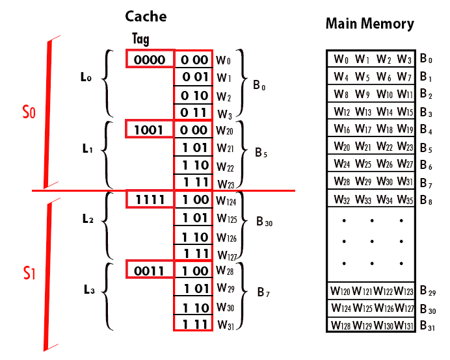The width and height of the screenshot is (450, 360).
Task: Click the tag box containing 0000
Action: [x=150, y=60]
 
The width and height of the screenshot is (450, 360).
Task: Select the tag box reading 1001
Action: [x=149, y=129]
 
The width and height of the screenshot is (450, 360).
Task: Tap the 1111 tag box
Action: [x=150, y=199]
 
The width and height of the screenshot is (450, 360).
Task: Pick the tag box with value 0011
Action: [x=150, y=269]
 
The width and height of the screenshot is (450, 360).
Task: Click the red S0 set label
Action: [x=29, y=112]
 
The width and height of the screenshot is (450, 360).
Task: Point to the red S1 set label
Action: [x=28, y=272]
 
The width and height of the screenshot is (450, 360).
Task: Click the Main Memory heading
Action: [x=369, y=24]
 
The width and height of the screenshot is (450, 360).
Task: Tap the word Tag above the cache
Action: [x=141, y=39]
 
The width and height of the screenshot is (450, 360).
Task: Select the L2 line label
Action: [x=89, y=219]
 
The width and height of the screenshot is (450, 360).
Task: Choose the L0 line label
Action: [x=85, y=78]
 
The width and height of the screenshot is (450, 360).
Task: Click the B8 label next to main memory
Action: [x=426, y=199]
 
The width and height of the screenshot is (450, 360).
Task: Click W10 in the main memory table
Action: [x=384, y=94]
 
